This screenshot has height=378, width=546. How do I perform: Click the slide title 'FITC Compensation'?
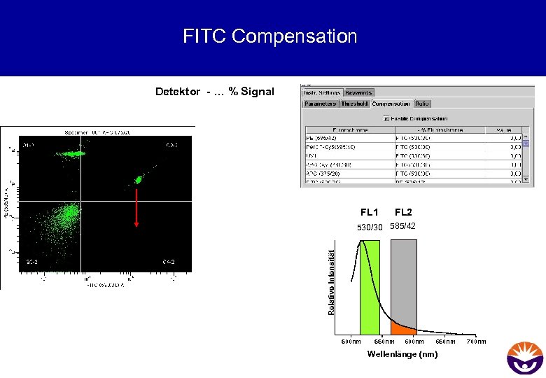(x=269, y=36)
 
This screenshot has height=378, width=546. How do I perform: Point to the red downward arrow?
(x=136, y=207)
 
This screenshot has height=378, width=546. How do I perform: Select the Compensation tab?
(x=391, y=104)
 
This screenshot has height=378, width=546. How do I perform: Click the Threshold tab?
(x=355, y=104)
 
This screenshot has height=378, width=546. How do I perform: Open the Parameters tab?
(x=321, y=104)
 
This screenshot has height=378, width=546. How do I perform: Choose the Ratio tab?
(x=422, y=104)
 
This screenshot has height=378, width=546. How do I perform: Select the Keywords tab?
(x=359, y=92)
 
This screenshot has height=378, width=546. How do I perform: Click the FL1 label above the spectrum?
(x=370, y=212)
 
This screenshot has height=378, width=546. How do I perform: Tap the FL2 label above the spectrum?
(x=403, y=212)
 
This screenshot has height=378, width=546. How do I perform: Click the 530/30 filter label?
(x=370, y=227)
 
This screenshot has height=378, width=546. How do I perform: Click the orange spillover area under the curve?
(x=402, y=328)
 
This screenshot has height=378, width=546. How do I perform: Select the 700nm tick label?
(x=476, y=342)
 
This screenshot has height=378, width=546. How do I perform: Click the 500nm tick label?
(x=351, y=342)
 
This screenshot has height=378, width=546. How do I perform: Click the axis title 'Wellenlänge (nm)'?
(x=402, y=354)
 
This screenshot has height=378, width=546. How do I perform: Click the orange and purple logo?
(x=524, y=356)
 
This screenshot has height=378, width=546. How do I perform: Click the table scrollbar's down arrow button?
(x=526, y=179)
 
